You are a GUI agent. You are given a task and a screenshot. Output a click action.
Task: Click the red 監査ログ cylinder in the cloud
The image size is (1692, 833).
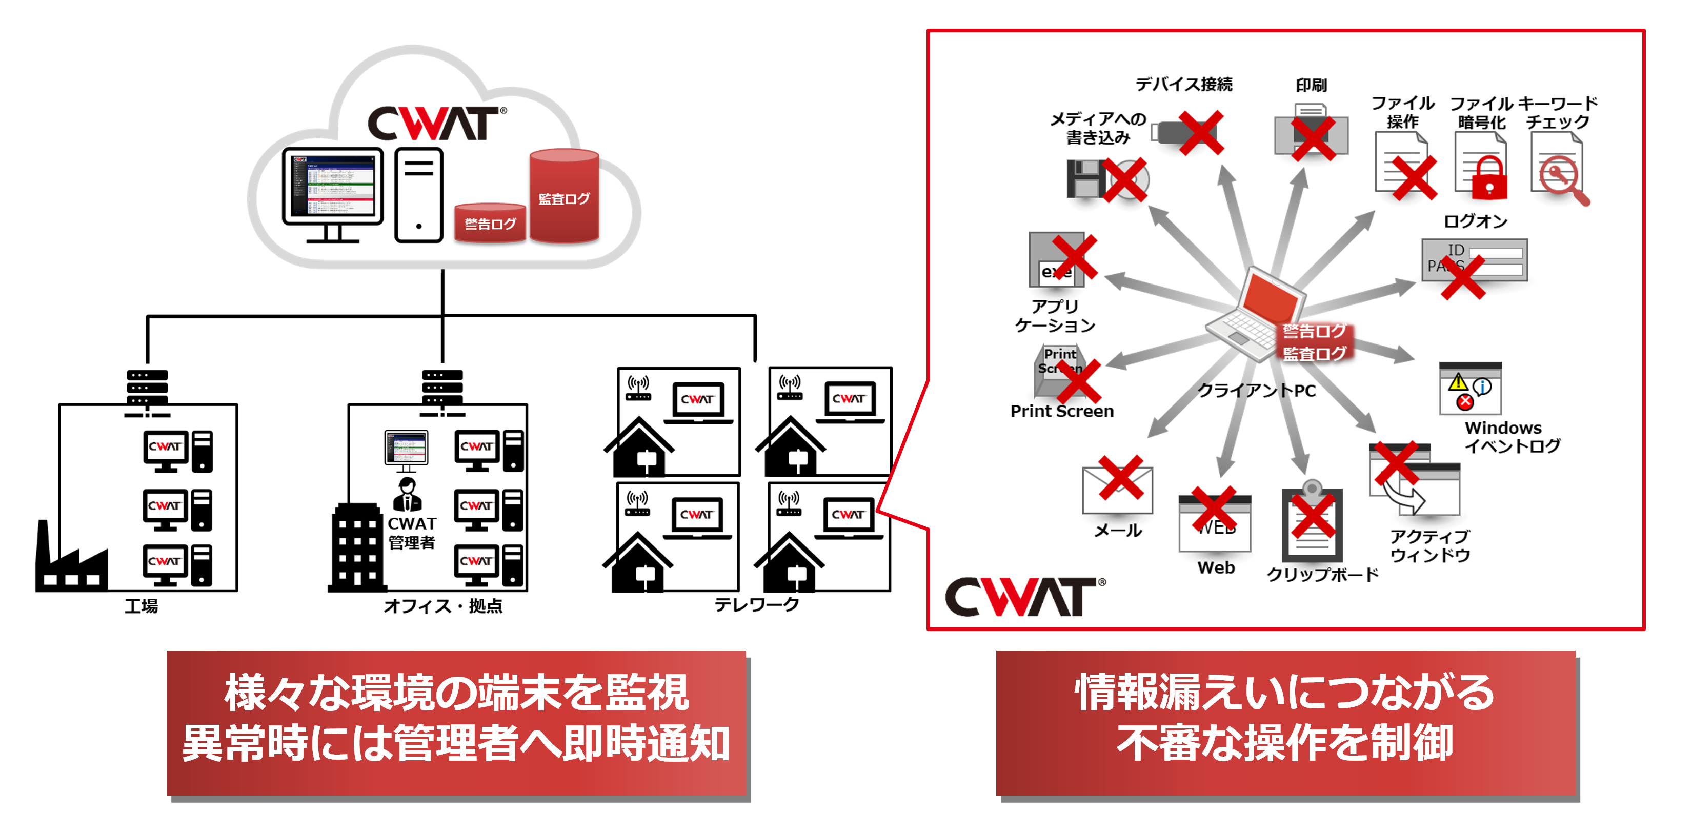pyautogui.click(x=563, y=197)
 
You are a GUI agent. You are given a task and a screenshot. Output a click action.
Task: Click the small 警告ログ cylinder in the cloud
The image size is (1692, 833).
pyautogui.click(x=490, y=224)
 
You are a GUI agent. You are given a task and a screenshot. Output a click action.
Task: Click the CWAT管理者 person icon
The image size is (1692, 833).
pyautogui.click(x=407, y=494)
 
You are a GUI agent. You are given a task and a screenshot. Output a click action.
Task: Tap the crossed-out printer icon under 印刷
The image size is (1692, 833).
pyautogui.click(x=1311, y=135)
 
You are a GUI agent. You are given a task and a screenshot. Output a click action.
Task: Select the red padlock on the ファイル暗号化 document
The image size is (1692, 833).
pyautogui.click(x=1488, y=179)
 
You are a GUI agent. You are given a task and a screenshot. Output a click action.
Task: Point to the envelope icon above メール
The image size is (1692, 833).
pyautogui.click(x=1117, y=490)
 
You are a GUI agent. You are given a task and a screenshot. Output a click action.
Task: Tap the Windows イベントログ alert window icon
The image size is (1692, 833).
pyautogui.click(x=1469, y=389)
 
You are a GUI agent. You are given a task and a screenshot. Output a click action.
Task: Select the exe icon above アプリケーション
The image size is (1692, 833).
pyautogui.click(x=1057, y=260)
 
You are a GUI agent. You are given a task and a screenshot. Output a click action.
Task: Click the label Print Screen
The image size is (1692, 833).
pyautogui.click(x=1061, y=411)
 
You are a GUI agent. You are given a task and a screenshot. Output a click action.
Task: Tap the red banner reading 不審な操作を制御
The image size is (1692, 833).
pyautogui.click(x=1285, y=723)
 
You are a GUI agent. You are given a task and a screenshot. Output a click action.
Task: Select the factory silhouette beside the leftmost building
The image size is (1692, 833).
pyautogui.click(x=84, y=569)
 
